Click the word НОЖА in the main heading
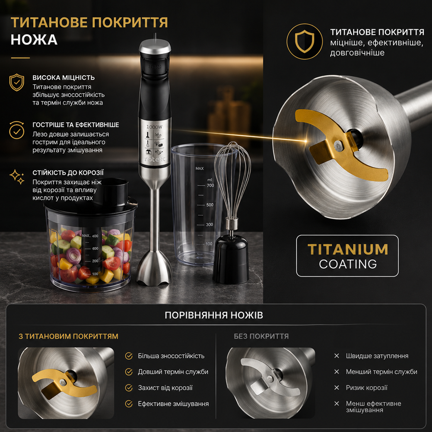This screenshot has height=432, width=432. click(34, 40)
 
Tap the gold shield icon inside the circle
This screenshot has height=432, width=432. click(305, 41)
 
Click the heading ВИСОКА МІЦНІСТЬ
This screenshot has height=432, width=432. click(64, 78)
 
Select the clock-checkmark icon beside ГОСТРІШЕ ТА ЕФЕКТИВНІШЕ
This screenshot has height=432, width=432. click(16, 130)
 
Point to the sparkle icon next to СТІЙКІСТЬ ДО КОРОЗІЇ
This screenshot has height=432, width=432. click(17, 177)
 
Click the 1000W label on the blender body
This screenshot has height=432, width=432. click(154, 127)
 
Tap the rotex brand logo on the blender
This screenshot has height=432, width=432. click(155, 159)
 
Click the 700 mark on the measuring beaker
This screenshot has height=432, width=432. click(210, 185)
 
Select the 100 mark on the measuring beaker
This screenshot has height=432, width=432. click(209, 244)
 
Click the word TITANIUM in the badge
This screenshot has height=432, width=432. click(348, 249)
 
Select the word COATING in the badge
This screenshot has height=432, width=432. click(348, 264)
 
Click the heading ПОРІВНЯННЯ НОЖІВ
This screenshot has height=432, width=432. click(214, 315)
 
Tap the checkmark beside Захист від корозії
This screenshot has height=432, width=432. click(129, 388)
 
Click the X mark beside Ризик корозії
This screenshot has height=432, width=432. click(337, 388)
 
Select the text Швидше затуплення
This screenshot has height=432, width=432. click(377, 356)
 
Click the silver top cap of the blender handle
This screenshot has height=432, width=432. click(155, 46)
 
